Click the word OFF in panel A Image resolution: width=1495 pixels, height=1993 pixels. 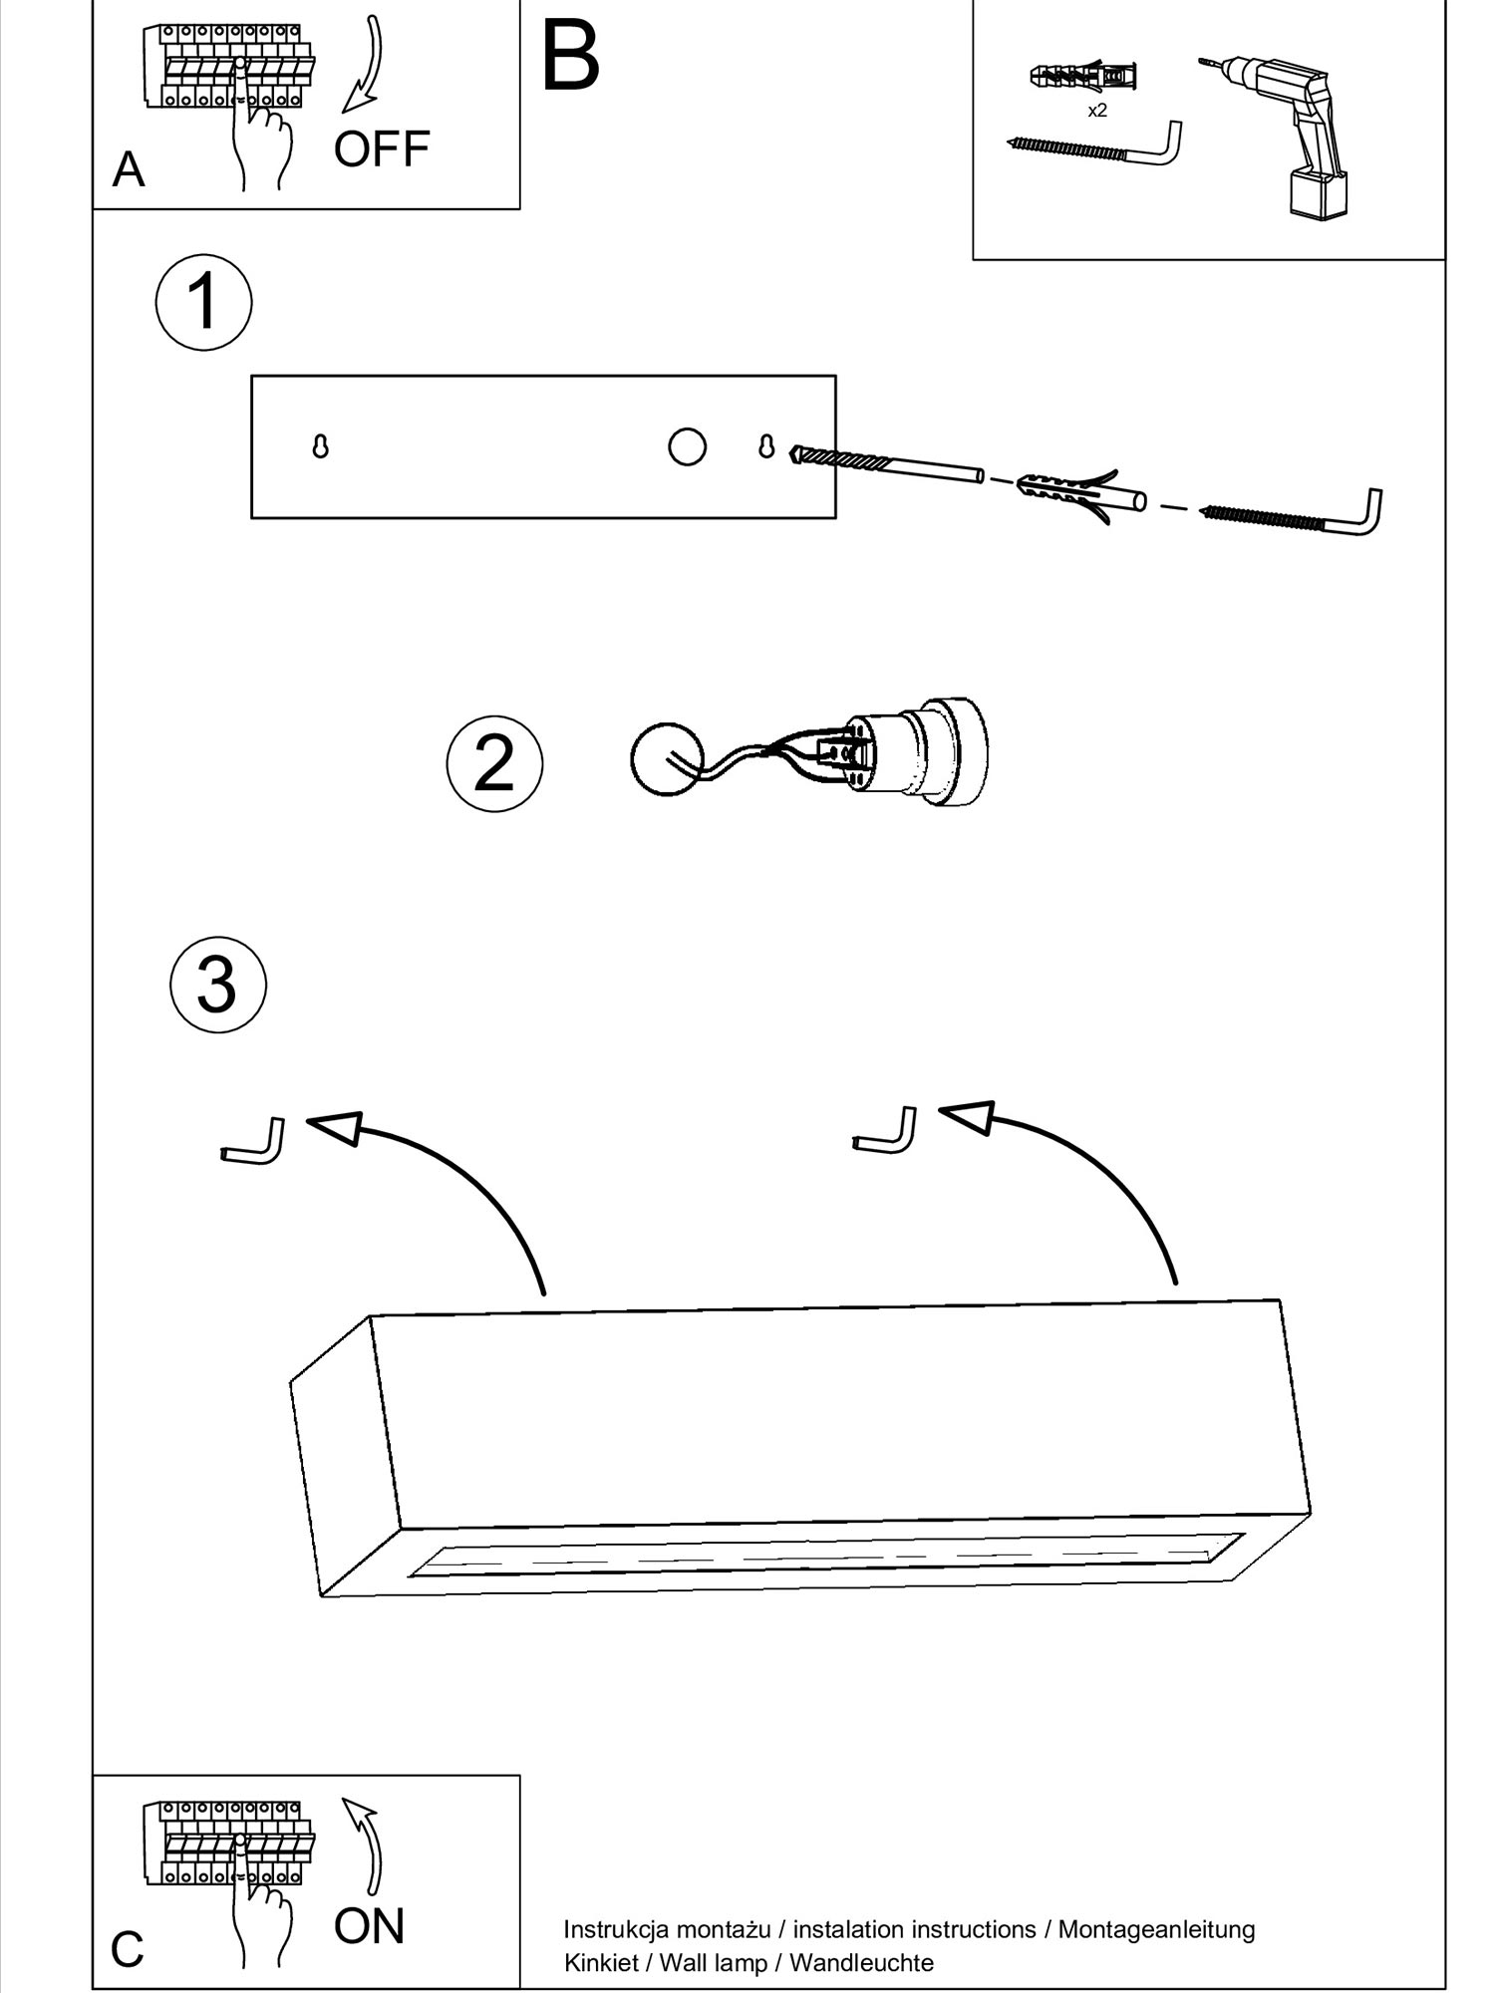(382, 149)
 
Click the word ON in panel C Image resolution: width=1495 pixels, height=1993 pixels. (369, 1926)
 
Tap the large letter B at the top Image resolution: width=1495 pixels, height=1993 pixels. (570, 57)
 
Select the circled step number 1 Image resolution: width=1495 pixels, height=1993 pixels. (203, 302)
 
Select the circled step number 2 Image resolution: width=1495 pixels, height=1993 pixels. (494, 763)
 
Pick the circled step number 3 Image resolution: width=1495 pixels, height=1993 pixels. (218, 985)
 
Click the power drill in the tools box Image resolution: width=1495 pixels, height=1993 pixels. (1286, 130)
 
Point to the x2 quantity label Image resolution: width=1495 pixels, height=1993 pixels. (1096, 111)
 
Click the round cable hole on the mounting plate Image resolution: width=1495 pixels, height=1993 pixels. (687, 446)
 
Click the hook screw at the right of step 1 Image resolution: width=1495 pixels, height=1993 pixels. (1296, 516)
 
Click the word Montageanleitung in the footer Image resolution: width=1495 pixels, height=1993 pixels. (1156, 1929)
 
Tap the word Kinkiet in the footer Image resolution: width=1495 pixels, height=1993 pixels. (600, 1962)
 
